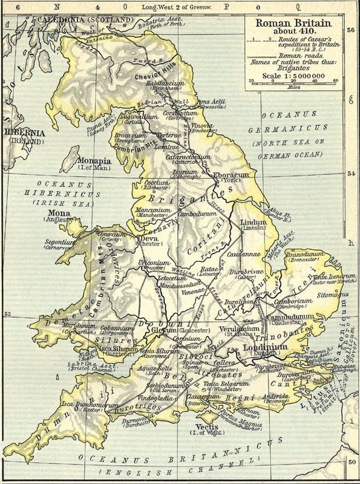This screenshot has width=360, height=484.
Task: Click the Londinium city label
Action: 264,347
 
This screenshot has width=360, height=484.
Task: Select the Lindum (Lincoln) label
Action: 253,223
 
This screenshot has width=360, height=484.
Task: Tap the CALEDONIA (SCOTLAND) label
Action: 85,20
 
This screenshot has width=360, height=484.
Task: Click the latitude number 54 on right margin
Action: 351,173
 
